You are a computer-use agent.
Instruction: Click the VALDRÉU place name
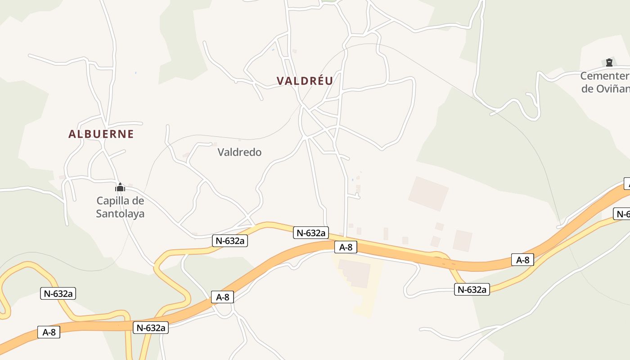click(x=305, y=81)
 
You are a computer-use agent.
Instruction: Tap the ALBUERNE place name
click(x=101, y=134)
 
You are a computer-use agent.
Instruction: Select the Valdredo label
click(x=239, y=152)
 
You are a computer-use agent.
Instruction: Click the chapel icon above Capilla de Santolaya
click(x=120, y=187)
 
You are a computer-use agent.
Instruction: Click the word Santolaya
click(x=120, y=213)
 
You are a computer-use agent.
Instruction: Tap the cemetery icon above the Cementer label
click(x=609, y=63)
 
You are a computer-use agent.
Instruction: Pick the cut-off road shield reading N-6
click(x=622, y=214)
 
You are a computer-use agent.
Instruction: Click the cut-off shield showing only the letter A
click(x=626, y=184)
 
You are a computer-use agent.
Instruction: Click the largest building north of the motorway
click(x=428, y=193)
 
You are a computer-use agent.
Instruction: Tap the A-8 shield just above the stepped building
click(x=346, y=247)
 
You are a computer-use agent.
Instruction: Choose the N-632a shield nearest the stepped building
click(x=311, y=233)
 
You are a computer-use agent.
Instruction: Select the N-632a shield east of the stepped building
click(x=472, y=289)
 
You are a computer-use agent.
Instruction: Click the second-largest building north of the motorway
click(x=462, y=240)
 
